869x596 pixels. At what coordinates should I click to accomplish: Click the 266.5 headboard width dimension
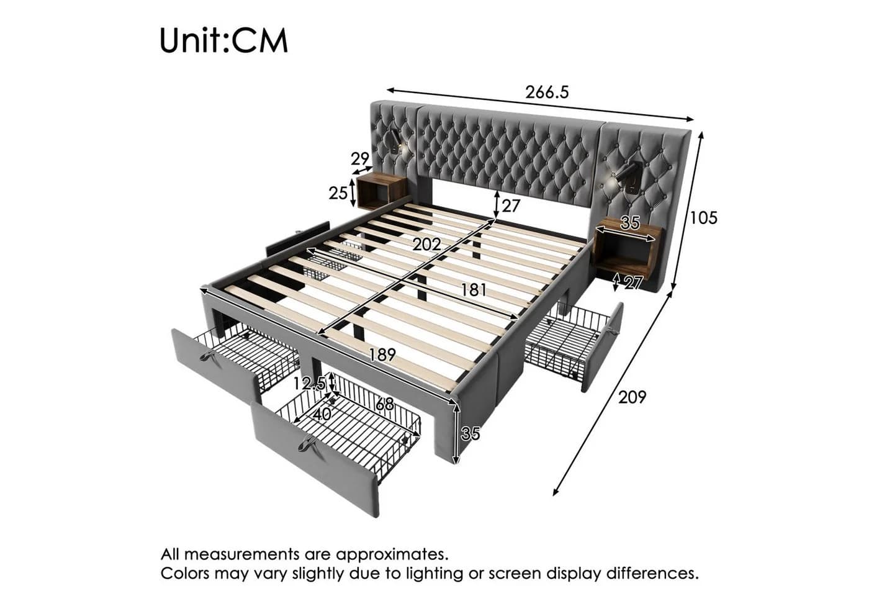pyautogui.click(x=547, y=93)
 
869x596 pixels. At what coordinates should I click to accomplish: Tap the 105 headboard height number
pyautogui.click(x=703, y=218)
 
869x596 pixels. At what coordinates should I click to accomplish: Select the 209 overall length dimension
pyautogui.click(x=632, y=397)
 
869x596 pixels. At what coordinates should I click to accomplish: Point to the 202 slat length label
pyautogui.click(x=427, y=245)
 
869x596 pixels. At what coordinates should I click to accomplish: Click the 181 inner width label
pyautogui.click(x=473, y=290)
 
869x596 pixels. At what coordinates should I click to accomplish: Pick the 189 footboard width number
pyautogui.click(x=382, y=354)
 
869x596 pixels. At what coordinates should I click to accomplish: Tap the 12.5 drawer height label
pyautogui.click(x=309, y=384)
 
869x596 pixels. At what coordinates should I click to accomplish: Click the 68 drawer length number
pyautogui.click(x=385, y=404)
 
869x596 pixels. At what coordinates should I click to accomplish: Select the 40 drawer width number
pyautogui.click(x=322, y=415)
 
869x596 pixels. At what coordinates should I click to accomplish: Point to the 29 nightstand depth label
pyautogui.click(x=360, y=159)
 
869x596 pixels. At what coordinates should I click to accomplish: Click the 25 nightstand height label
pyautogui.click(x=338, y=193)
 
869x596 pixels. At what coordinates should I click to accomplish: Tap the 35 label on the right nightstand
pyautogui.click(x=630, y=223)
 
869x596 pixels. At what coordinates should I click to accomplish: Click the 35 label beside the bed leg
pyautogui.click(x=471, y=433)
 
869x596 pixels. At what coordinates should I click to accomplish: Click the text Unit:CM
pyautogui.click(x=224, y=40)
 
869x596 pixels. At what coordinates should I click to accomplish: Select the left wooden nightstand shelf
pyautogui.click(x=381, y=191)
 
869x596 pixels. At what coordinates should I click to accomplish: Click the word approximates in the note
pyautogui.click(x=392, y=554)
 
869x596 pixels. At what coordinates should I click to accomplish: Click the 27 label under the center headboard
pyautogui.click(x=510, y=205)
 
